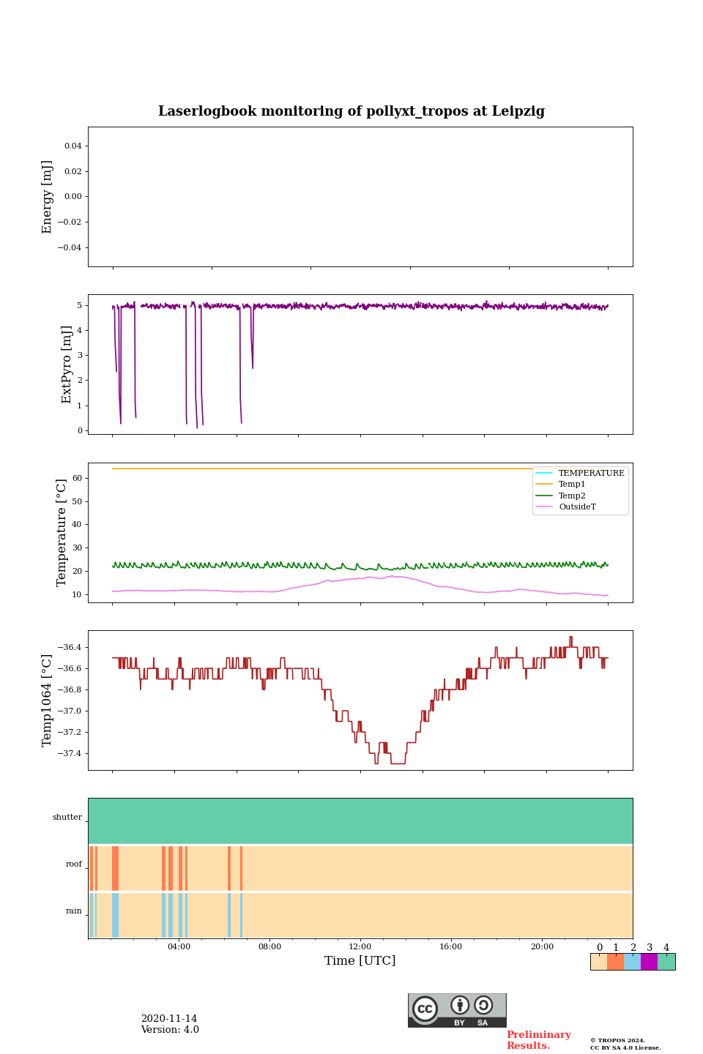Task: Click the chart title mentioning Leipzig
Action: click(351, 111)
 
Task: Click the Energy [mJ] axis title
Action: click(48, 197)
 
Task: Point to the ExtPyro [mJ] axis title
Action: click(67, 365)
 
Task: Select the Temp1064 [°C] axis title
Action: click(48, 700)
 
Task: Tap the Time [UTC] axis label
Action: click(360, 960)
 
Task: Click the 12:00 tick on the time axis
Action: click(360, 946)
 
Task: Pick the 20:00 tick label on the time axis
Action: click(542, 946)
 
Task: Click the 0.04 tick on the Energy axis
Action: click(72, 146)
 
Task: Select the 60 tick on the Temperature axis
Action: click(76, 479)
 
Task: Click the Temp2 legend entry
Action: click(572, 496)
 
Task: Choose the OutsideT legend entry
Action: click(577, 507)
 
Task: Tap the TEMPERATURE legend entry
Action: click(591, 473)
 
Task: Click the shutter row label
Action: click(67, 817)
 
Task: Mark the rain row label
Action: click(74, 911)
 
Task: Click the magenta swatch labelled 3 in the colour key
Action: click(649, 962)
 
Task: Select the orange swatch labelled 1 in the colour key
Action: click(615, 962)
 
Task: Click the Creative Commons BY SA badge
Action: click(457, 1010)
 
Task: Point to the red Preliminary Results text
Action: click(538, 1040)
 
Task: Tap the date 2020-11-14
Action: click(169, 1019)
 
